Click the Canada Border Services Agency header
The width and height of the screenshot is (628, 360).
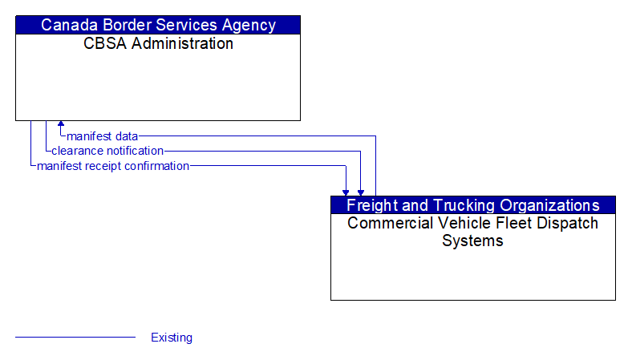click(158, 25)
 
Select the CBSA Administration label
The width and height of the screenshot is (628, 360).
click(158, 43)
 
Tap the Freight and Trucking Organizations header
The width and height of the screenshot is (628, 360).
click(472, 205)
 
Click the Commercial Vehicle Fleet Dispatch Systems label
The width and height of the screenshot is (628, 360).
click(472, 232)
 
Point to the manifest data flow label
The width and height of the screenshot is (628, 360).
click(103, 136)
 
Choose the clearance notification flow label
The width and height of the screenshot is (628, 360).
click(107, 151)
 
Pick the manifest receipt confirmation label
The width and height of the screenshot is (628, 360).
click(113, 166)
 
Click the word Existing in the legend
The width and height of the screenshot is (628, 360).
click(172, 338)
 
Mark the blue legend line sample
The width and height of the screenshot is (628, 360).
click(75, 338)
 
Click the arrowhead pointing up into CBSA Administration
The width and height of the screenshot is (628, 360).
click(61, 125)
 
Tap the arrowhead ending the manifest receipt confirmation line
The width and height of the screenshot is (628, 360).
click(346, 192)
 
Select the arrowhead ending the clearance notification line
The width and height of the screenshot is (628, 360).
click(361, 192)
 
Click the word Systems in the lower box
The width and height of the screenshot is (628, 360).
click(472, 241)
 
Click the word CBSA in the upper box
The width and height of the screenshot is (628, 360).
click(105, 43)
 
